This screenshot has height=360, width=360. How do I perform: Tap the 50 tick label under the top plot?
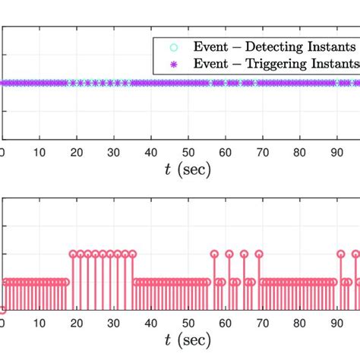[188, 151]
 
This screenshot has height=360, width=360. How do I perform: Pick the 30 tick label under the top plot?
[113, 151]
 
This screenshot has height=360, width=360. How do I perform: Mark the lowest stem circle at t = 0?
[2, 310]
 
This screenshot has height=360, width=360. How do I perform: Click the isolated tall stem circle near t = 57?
[214, 254]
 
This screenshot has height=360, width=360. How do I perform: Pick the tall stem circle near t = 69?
[259, 254]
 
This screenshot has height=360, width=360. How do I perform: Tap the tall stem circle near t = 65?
[244, 254]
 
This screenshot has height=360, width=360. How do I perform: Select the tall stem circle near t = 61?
[229, 254]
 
